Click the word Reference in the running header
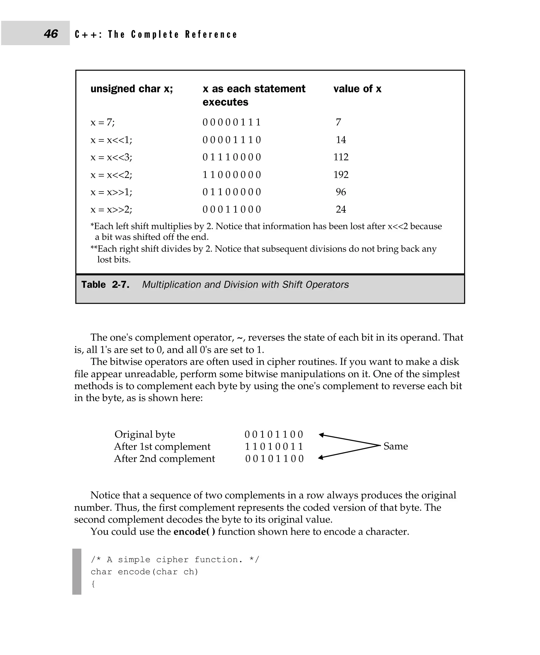click(x=211, y=34)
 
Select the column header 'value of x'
click(x=357, y=89)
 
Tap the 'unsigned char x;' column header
click(x=132, y=89)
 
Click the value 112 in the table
click(x=341, y=157)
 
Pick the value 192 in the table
click(x=341, y=174)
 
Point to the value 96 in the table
click(x=341, y=192)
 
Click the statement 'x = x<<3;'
click(x=111, y=157)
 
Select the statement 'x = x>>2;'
click(x=111, y=209)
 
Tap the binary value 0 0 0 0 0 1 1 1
click(x=232, y=122)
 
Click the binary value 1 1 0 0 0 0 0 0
click(x=232, y=175)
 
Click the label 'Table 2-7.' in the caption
click(x=105, y=285)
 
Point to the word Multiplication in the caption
click(x=172, y=285)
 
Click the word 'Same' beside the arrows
click(x=395, y=446)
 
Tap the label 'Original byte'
click(x=145, y=434)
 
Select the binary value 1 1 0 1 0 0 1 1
click(x=274, y=446)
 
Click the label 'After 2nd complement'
click(x=164, y=458)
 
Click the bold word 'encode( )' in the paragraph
click(x=194, y=532)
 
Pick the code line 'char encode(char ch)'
click(x=144, y=572)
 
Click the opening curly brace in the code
click(x=93, y=584)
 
